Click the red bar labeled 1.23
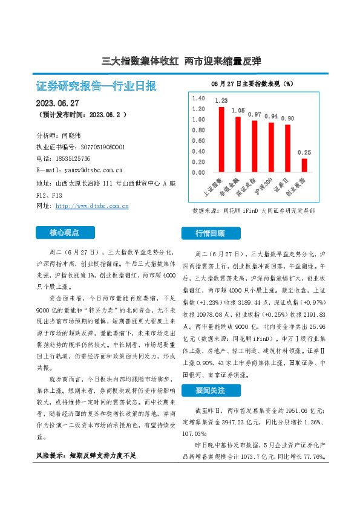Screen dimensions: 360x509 [221, 140]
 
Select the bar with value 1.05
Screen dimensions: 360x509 [238, 144]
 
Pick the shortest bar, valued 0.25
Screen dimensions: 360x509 [304, 166]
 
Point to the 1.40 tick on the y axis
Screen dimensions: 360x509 [198, 98]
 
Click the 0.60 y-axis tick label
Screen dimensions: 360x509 [198, 141]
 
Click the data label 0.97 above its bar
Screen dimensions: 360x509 [254, 114]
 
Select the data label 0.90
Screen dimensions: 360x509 [287, 118]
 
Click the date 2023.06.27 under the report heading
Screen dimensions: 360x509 [58, 103]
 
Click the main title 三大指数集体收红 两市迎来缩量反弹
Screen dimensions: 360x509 [180, 61]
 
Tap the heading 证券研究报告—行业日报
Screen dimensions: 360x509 [97, 86]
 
